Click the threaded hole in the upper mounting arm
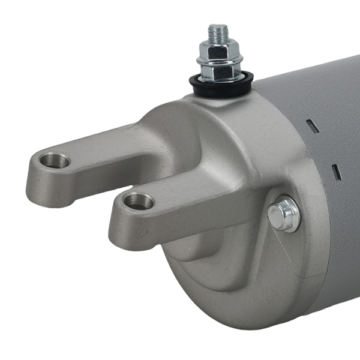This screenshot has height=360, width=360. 55,160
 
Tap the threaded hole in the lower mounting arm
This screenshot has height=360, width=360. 139,201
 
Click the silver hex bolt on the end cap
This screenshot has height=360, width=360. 284,215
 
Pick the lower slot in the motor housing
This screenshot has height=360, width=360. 336,172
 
